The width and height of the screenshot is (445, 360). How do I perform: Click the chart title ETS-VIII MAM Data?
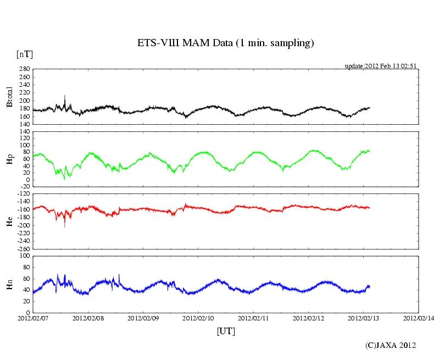[x=225, y=43]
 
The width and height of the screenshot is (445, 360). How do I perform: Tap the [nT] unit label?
[x=24, y=54]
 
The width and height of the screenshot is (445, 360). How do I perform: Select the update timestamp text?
[x=381, y=65]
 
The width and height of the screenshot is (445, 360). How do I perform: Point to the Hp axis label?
[x=9, y=159]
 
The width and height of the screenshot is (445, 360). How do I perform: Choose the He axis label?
[x=9, y=221]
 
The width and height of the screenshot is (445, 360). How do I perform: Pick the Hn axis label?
[x=9, y=284]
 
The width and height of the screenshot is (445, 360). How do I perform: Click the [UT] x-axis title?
[x=226, y=331]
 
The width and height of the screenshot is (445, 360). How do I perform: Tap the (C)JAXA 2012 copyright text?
[x=391, y=345]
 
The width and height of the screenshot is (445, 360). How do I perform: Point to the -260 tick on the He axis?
[x=23, y=248]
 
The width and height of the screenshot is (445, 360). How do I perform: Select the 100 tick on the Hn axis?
[x=24, y=256]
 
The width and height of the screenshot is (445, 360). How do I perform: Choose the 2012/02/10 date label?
[x=198, y=318]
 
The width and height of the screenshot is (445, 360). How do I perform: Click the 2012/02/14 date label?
[x=418, y=318]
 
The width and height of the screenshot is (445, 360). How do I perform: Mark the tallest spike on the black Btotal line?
[x=65, y=96]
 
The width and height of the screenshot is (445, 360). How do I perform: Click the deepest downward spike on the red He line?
[x=65, y=226]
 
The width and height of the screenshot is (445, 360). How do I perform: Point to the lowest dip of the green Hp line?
[x=65, y=179]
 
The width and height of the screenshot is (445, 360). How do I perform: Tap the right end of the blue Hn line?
[x=370, y=286]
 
